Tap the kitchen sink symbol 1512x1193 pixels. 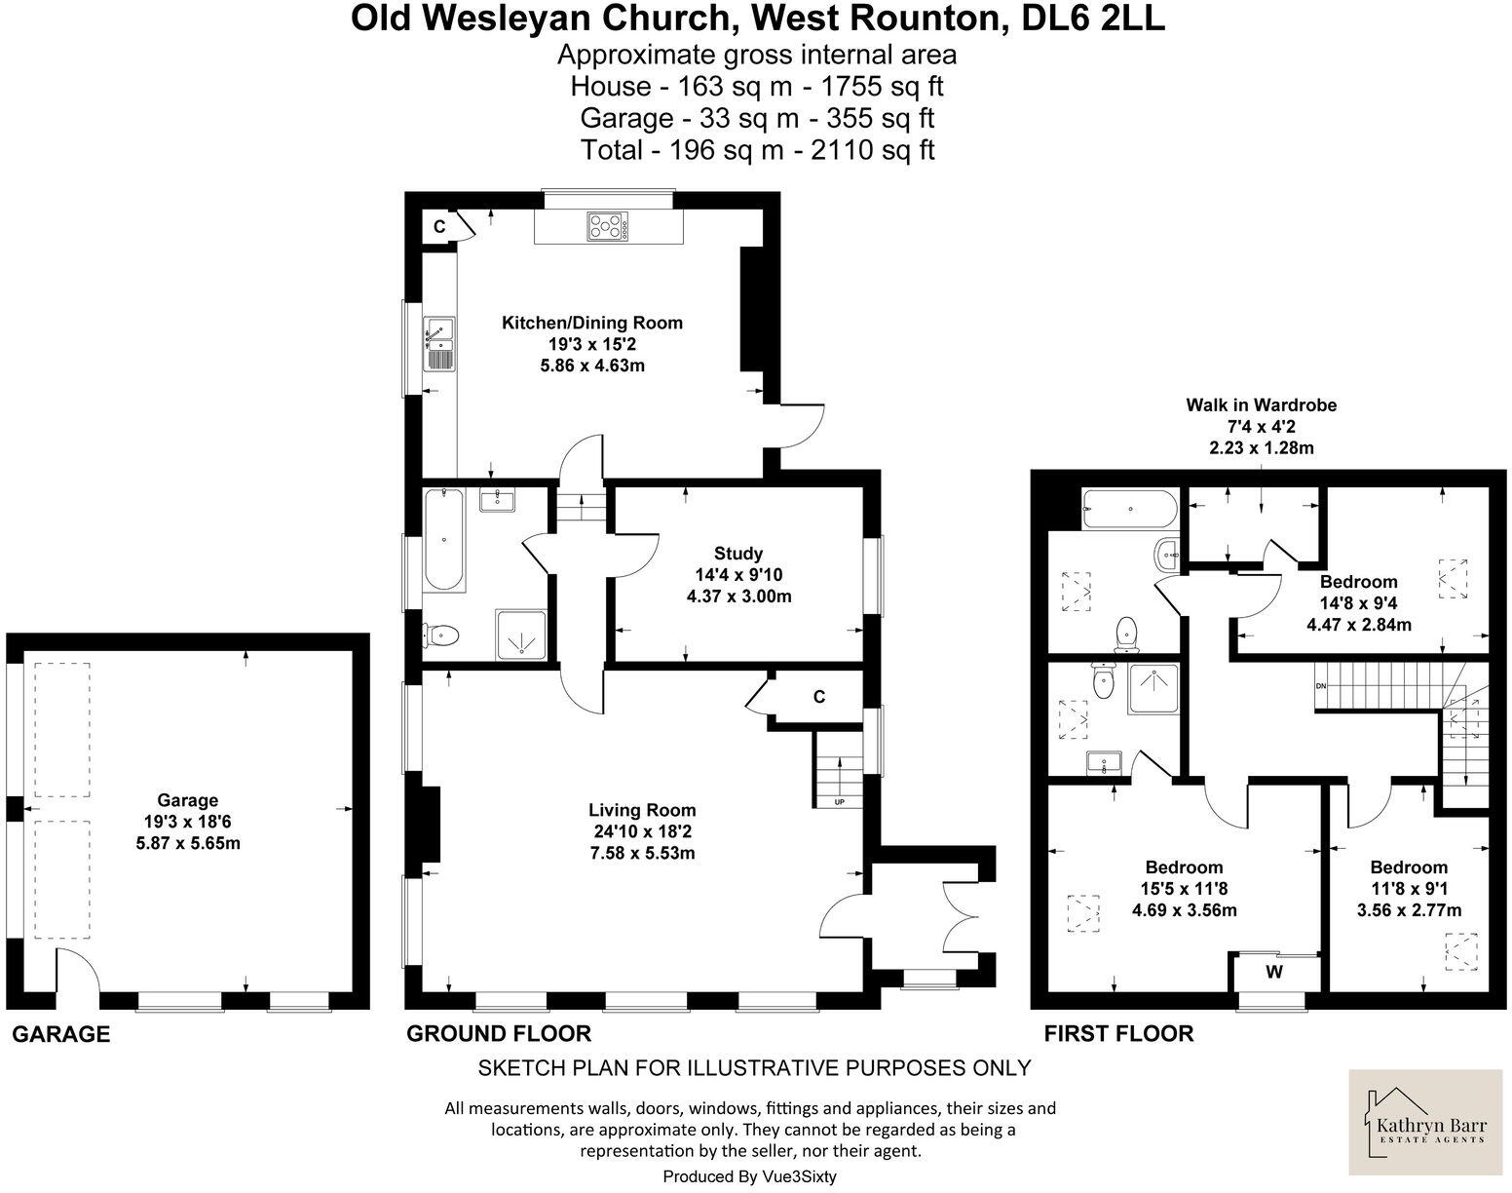click(437, 345)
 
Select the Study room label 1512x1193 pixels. click(738, 554)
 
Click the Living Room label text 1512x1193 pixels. click(642, 810)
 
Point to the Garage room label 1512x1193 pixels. click(188, 801)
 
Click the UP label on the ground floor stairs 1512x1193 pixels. click(839, 802)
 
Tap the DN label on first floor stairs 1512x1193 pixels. click(1321, 685)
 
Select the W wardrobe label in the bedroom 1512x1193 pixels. click(1273, 972)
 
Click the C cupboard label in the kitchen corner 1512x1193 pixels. click(439, 226)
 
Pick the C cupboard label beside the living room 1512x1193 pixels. click(819, 697)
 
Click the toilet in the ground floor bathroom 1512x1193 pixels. click(441, 635)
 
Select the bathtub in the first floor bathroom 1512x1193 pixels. click(1129, 509)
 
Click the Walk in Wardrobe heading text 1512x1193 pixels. click(1261, 404)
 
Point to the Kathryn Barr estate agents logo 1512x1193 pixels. click(1429, 1122)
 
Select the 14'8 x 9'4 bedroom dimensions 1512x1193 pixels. click(1358, 603)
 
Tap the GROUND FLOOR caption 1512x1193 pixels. click(499, 1033)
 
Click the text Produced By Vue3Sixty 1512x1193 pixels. click(749, 1176)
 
